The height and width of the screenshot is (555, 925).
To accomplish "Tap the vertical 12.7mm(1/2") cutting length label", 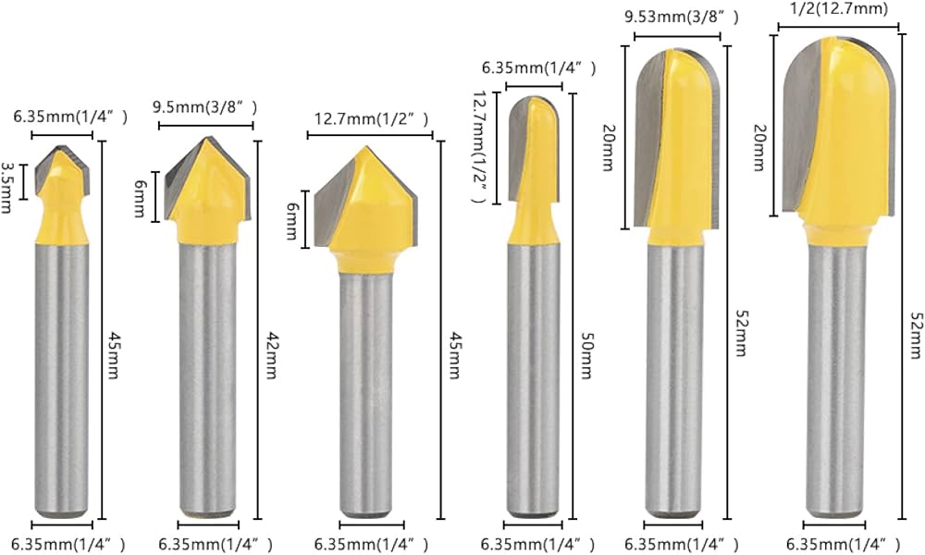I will (x=479, y=146).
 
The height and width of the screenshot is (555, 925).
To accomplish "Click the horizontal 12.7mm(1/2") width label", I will (x=372, y=118).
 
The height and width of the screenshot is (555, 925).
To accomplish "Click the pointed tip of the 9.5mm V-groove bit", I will (x=205, y=139).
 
